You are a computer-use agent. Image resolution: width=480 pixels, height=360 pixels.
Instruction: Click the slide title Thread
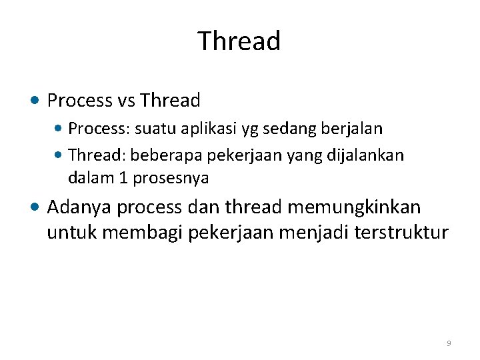point(239,41)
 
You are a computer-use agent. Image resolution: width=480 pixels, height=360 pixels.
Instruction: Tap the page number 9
point(449,343)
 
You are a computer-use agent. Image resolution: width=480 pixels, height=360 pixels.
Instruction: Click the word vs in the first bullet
point(127,101)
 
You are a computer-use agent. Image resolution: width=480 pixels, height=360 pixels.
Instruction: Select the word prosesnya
point(171,179)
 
